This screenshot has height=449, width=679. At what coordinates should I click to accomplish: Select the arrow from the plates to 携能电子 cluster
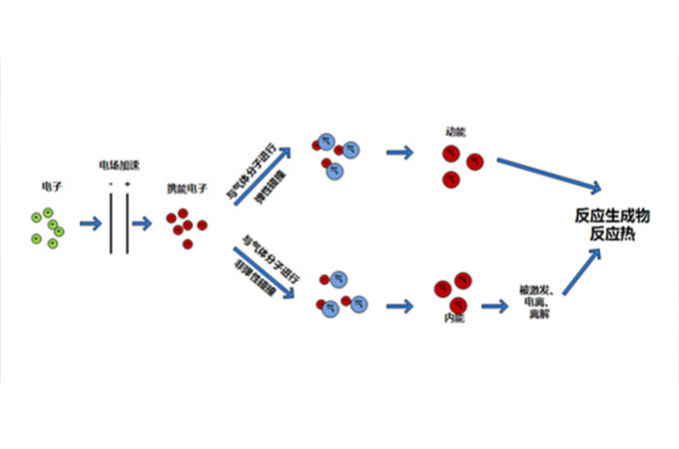[148, 224]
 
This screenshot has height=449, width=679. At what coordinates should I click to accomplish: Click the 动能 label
[456, 130]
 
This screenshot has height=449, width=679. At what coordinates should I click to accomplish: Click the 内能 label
[451, 317]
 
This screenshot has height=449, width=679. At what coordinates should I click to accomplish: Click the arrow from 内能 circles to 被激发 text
[495, 305]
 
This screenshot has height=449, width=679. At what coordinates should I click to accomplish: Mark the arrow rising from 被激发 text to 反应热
[581, 272]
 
